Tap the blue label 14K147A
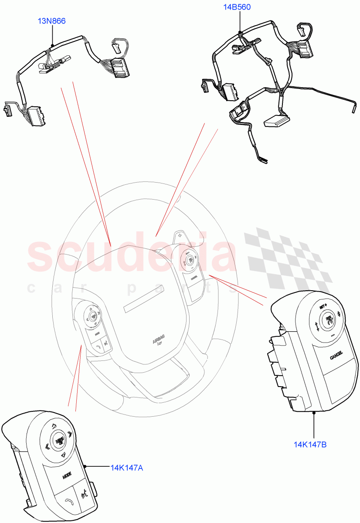127,468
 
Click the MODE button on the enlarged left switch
67,475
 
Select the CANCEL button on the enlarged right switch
336,356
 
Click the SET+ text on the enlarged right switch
323,306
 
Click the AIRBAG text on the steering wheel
159,341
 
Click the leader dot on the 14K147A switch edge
85,467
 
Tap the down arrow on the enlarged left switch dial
63,455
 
